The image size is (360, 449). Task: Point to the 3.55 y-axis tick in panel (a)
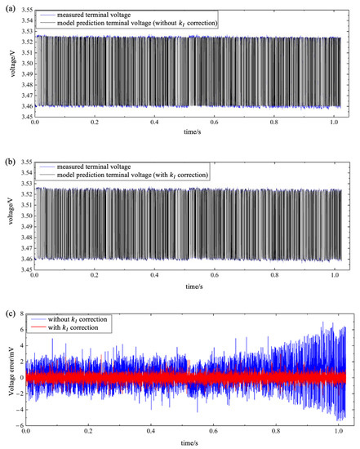tap(23, 10)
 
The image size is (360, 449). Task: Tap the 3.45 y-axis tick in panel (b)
tap(23, 270)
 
